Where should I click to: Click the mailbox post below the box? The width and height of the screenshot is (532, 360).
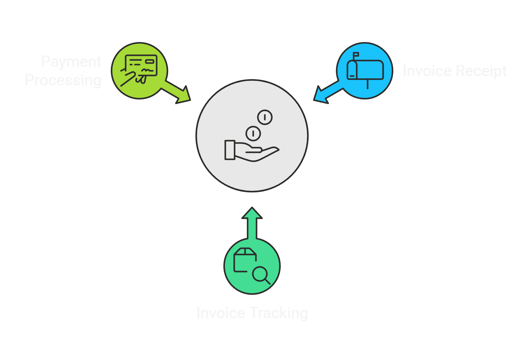click(368, 84)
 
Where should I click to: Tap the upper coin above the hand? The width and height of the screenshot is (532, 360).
click(265, 117)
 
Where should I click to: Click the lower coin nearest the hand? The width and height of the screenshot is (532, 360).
click(253, 133)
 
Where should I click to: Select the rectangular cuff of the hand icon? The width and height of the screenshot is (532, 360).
click(230, 150)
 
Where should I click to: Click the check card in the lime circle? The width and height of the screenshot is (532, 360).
click(141, 65)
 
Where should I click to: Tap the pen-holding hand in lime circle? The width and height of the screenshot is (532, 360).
click(132, 78)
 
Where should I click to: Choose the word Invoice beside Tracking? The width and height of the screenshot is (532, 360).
click(221, 313)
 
